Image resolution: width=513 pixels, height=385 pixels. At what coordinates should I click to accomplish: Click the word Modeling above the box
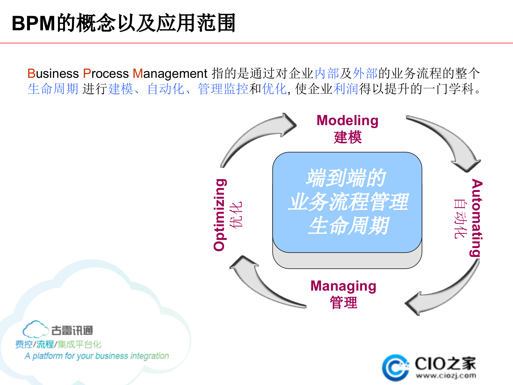pos(347,121)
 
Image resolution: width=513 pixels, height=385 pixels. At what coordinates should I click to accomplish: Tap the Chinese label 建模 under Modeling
pos(348,137)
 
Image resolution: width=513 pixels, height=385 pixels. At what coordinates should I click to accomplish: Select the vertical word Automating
pos(476,218)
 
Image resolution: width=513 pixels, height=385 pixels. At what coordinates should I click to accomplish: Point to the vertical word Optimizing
pos(220,215)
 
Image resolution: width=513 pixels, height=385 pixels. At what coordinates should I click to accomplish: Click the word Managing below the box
pos(343,286)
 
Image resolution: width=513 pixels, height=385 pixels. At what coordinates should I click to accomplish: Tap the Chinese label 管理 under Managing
pos(344,303)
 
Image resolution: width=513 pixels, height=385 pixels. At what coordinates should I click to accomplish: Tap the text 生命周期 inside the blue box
pos(348,226)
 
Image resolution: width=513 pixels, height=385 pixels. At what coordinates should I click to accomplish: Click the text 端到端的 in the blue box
pos(346,178)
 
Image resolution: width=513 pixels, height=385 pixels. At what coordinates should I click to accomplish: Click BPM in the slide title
pos(34,24)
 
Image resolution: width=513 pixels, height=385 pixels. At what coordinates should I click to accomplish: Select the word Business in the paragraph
pos(53,74)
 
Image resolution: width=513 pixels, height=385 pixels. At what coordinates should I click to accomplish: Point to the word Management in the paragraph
pos(170,74)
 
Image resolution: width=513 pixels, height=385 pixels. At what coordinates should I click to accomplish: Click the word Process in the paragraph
pos(106,74)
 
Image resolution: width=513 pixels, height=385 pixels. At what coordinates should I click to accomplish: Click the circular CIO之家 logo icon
pos(395,368)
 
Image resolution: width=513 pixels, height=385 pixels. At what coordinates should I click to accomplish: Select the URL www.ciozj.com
pos(446,376)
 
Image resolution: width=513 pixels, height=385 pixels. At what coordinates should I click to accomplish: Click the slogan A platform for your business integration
pos(97,356)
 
